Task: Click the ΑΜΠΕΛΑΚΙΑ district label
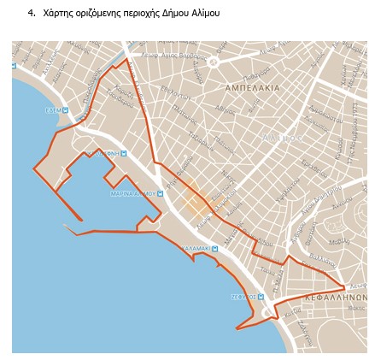point(252,88)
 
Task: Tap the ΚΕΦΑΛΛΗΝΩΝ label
point(337,298)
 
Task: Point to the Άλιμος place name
point(281,137)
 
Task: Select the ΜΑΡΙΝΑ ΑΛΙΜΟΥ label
point(132,194)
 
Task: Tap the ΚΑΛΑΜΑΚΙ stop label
point(197,248)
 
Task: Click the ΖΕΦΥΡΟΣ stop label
point(243,297)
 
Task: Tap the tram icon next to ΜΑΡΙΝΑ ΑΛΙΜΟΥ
point(159,194)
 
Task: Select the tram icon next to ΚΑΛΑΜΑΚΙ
point(214,248)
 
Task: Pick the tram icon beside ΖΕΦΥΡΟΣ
point(260,297)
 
